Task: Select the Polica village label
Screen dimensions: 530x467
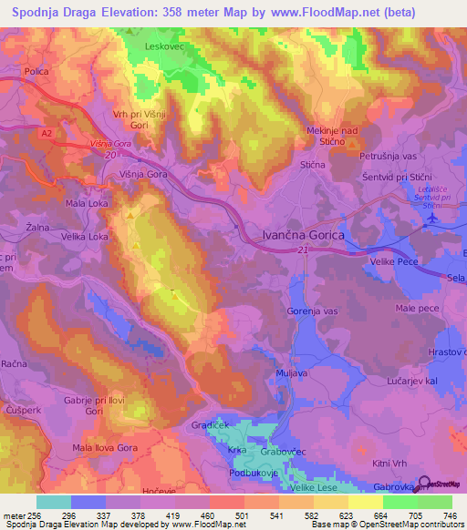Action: tap(36, 71)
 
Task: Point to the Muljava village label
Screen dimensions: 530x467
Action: tap(291, 373)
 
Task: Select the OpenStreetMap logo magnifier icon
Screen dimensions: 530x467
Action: tap(426, 484)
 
